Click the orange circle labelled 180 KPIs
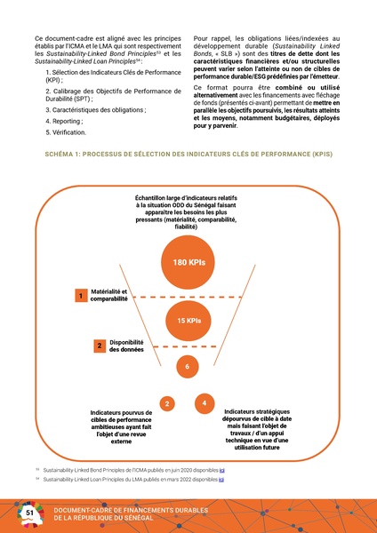coord(188,262)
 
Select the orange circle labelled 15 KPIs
coord(188,320)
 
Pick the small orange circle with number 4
coord(205,404)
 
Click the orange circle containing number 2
coord(165,406)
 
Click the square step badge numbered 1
coord(80,295)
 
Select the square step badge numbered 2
coord(99,345)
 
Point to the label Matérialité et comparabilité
coord(109,295)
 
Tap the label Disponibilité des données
coord(125,345)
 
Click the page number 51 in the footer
coord(29,513)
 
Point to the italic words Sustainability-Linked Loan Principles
coord(89,60)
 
